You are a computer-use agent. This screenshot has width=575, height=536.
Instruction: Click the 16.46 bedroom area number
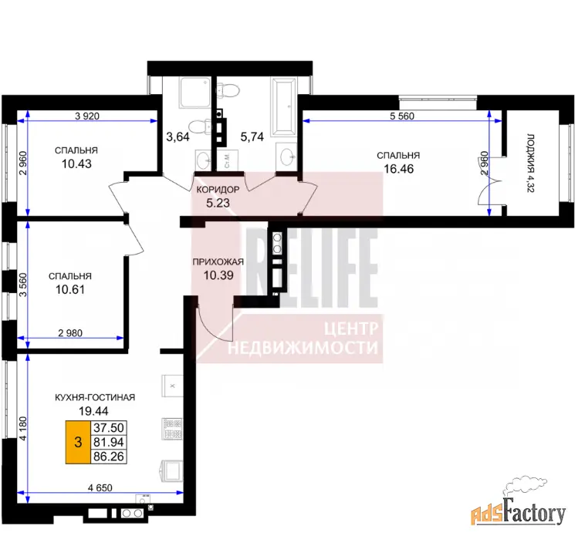pyautogui.click(x=398, y=169)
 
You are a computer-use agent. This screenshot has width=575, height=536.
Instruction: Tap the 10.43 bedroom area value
pyautogui.click(x=76, y=163)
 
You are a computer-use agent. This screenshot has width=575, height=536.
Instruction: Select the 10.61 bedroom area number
pyautogui.click(x=70, y=289)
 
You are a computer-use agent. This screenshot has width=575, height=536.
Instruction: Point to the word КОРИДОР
pyautogui.click(x=218, y=190)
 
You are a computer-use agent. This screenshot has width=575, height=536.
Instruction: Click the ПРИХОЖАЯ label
pyautogui.click(x=218, y=261)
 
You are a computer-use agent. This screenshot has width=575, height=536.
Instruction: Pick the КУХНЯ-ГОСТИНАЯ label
pyautogui.click(x=95, y=397)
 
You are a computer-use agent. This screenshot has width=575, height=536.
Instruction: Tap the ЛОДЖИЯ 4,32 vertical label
pyautogui.click(x=531, y=163)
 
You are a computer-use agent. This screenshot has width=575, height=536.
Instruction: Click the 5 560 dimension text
pyautogui.click(x=402, y=116)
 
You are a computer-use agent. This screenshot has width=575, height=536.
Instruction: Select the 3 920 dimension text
pyautogui.click(x=87, y=116)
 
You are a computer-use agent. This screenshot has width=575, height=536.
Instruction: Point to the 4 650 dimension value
pyautogui.click(x=100, y=487)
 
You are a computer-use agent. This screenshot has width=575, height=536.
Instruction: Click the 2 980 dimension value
pyautogui.click(x=70, y=333)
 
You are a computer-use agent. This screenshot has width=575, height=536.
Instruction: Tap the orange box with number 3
pyautogui.click(x=78, y=442)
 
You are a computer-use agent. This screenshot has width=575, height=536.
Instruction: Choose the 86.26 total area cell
pyautogui.click(x=109, y=457)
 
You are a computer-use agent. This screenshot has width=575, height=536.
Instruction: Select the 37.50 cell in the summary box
pyautogui.click(x=109, y=427)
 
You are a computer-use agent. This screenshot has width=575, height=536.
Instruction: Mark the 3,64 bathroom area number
pyautogui.click(x=178, y=137)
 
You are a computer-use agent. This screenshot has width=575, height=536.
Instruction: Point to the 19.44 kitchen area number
pyautogui.click(x=93, y=411)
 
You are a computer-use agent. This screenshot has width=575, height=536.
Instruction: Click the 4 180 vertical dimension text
pyautogui.click(x=23, y=428)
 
